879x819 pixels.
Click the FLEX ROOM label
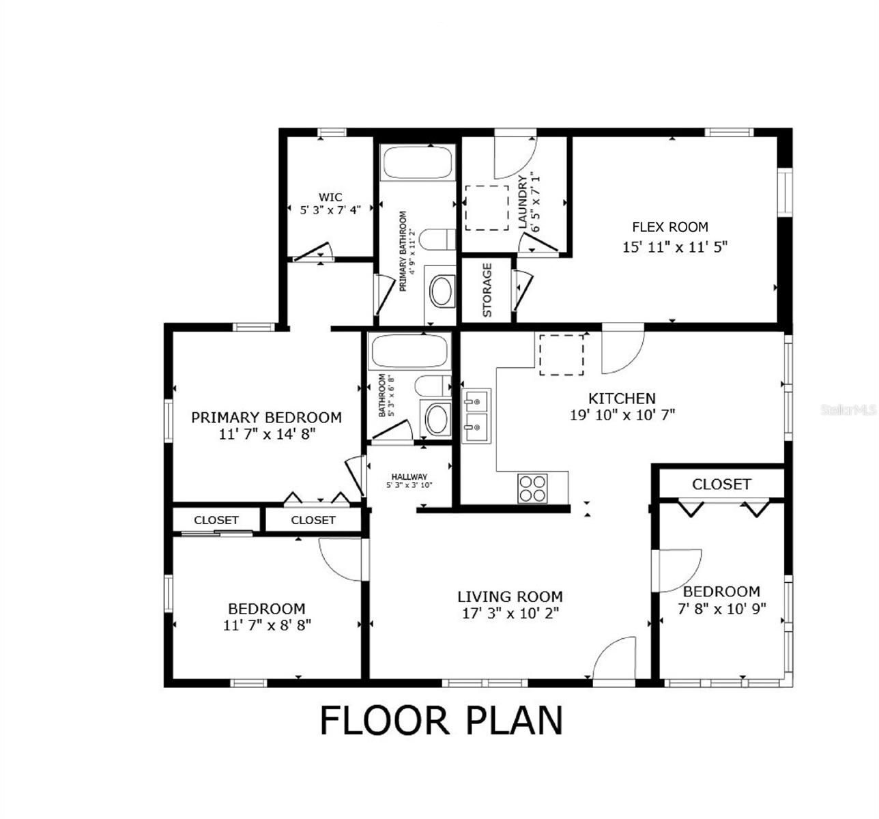pos(669,227)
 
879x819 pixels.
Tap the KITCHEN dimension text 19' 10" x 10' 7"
pos(622,414)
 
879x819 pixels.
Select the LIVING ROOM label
pos(510,597)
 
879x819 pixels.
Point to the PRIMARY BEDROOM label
pos(266,417)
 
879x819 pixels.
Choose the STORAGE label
pos(487,290)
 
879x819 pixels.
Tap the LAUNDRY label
pos(523,202)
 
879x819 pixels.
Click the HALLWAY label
pos(409,477)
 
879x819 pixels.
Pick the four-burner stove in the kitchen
pos(533,487)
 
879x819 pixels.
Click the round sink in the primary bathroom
pos(442,291)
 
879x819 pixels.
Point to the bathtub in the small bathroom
pos(409,351)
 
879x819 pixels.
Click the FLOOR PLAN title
pos(442,721)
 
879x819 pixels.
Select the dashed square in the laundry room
pos(487,207)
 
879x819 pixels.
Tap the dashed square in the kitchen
pos(562,355)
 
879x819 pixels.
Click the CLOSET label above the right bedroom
pos(721,485)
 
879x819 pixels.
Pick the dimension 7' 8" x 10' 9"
pos(721,607)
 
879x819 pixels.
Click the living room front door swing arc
pos(615,659)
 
